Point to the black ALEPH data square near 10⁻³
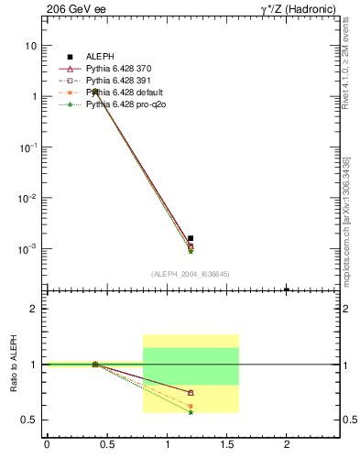click(x=191, y=238)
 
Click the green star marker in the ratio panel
click(x=191, y=412)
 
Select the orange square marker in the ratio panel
click(x=191, y=406)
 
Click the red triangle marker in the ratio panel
click(x=191, y=392)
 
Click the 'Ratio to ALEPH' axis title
click(x=13, y=364)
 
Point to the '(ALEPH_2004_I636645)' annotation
click(x=191, y=274)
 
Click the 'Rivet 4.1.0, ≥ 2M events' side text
click(x=345, y=64)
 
